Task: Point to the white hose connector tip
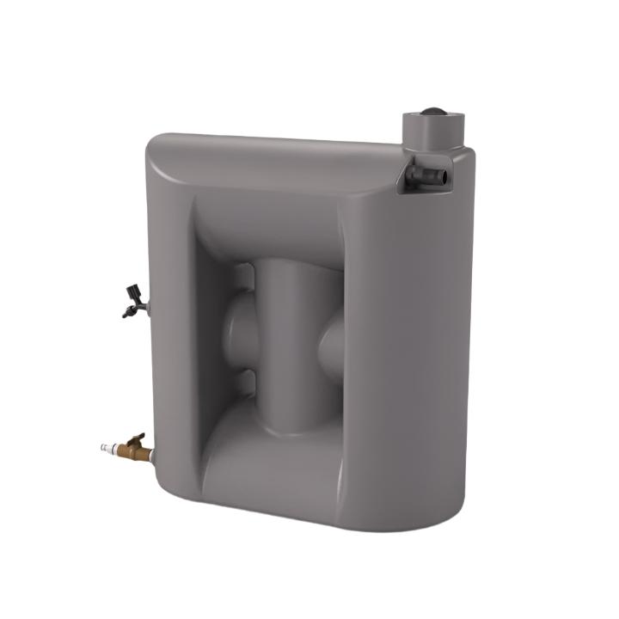(106, 448)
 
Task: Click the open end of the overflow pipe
(443, 176)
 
